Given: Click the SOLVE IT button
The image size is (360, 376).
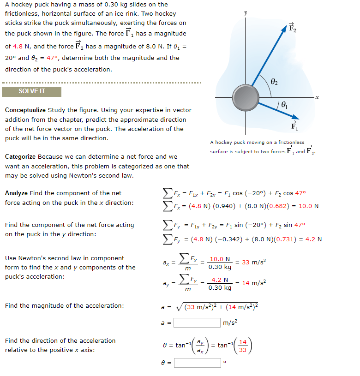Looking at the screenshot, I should coord(31,91).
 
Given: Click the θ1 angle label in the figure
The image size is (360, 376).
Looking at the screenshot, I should coord(284,106).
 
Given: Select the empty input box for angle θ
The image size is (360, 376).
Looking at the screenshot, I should coord(198,363).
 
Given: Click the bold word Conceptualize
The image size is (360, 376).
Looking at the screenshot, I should coord(25,110).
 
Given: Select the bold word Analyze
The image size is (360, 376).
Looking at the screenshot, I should coord(16,193).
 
